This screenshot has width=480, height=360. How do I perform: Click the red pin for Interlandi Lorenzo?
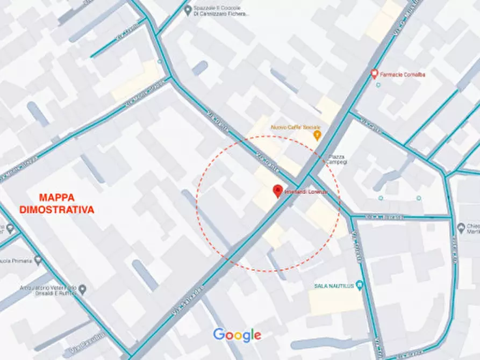(x=278, y=191)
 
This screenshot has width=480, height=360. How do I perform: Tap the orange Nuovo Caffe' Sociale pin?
(x=317, y=134)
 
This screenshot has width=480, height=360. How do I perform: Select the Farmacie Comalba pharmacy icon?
(x=375, y=74)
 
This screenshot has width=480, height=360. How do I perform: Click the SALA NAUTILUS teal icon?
(x=360, y=285)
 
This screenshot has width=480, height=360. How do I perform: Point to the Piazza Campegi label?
(x=334, y=160)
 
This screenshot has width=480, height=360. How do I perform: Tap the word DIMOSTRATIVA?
(x=56, y=210)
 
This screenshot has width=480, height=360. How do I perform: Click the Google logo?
(x=237, y=335)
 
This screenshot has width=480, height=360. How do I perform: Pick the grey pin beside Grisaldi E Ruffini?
(x=82, y=290)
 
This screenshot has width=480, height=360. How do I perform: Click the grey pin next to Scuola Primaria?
(x=38, y=261)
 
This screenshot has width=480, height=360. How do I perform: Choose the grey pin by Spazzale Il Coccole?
(x=188, y=10)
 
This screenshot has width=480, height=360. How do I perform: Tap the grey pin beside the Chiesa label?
(x=461, y=228)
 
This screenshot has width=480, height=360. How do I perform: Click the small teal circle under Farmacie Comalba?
(x=378, y=85)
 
